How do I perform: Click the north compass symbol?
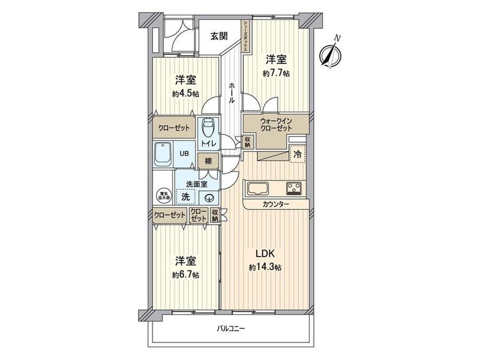pos(330,54)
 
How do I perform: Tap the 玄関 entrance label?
pos(219,36)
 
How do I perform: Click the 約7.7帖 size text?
pos(276,74)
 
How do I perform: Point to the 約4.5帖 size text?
pos(185,94)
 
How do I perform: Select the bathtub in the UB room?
pos(163,154)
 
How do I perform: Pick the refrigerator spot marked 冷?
pos(297,154)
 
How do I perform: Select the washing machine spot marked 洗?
pos(185,197)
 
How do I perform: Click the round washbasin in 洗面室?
pos(209,198)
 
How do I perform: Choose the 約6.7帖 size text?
pos(185,274)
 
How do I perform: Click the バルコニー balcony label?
pos(231,329)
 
